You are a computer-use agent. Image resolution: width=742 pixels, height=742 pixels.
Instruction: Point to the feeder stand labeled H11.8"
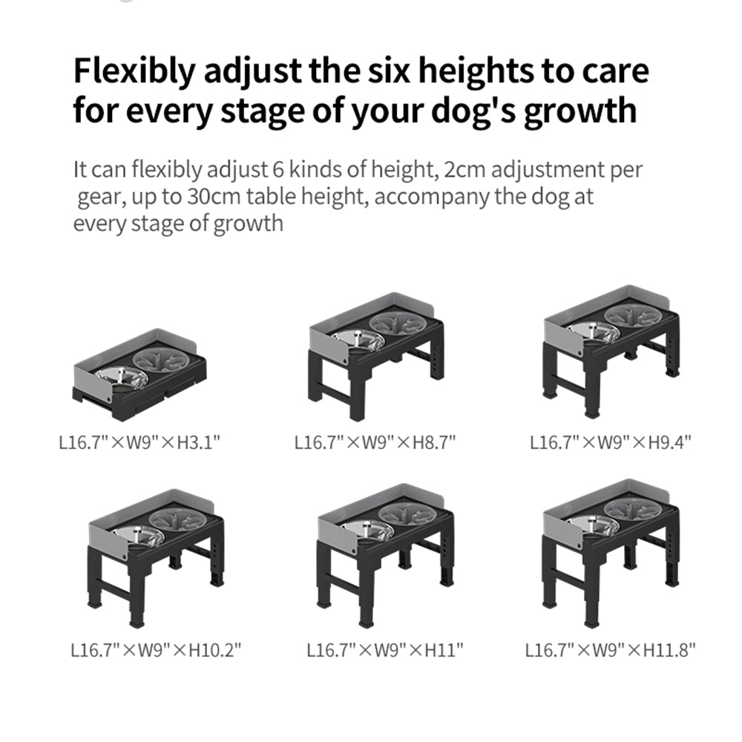point(611,549)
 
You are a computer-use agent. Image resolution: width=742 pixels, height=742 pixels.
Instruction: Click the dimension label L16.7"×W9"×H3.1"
point(139,444)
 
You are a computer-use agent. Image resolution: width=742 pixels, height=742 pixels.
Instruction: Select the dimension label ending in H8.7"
point(375,444)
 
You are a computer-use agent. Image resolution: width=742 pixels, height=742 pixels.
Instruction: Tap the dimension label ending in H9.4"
point(611,444)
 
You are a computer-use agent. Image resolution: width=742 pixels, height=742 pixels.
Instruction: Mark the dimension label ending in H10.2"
point(156,651)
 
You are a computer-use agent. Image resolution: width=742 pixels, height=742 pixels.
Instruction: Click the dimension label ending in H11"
point(385,651)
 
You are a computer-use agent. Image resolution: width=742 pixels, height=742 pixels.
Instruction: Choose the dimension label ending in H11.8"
point(611,651)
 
